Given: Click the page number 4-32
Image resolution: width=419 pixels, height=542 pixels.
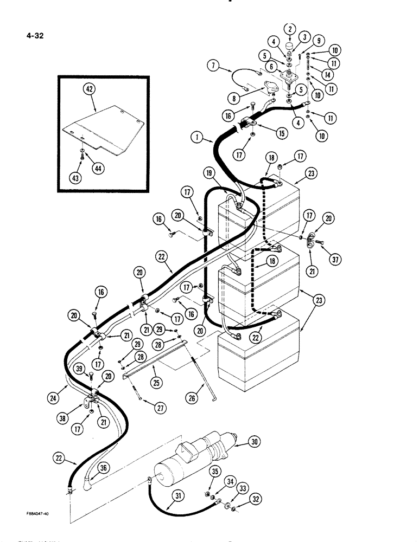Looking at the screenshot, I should (x=34, y=36).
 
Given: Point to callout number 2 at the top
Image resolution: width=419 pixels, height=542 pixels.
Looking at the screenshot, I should (x=289, y=29).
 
